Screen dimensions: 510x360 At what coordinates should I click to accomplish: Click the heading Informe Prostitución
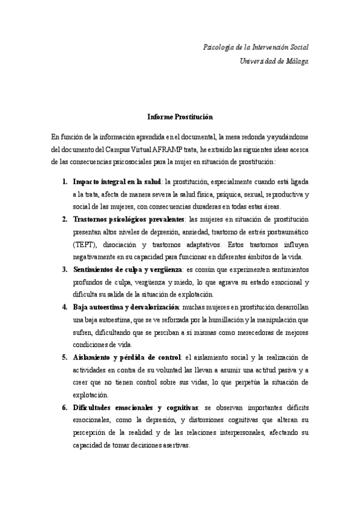(180, 117)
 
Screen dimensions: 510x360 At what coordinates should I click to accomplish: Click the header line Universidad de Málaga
(274, 61)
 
